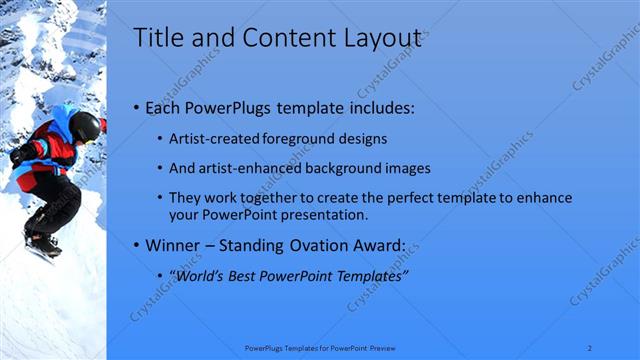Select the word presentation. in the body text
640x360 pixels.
point(326,215)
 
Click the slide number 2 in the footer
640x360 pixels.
point(590,347)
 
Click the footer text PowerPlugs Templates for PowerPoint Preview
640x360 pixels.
point(320,347)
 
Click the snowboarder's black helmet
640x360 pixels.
point(85,125)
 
